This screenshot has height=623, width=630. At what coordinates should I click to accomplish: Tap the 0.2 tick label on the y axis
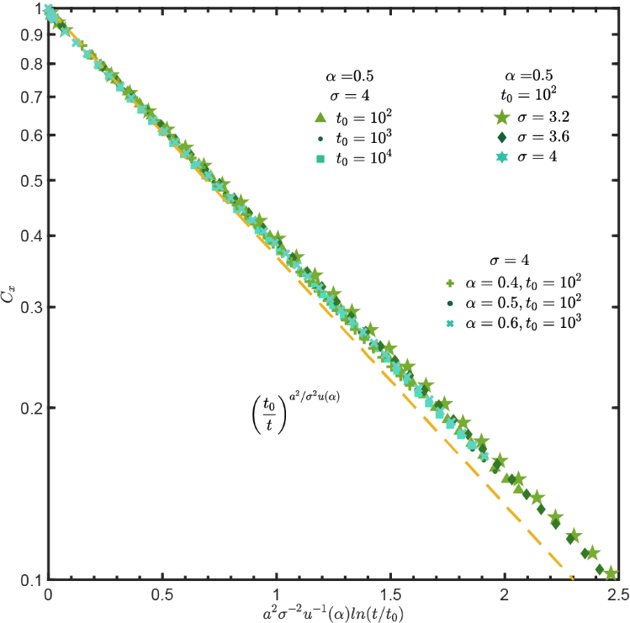click(x=30, y=409)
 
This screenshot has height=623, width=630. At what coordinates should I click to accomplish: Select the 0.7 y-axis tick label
click(x=30, y=98)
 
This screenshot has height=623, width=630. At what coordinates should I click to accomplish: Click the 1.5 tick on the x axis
click(x=390, y=593)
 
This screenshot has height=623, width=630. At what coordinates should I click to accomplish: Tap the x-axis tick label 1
click(x=277, y=593)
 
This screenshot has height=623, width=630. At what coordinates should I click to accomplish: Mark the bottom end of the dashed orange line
click(x=572, y=578)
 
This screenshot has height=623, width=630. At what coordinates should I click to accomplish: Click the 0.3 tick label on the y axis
click(x=30, y=308)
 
